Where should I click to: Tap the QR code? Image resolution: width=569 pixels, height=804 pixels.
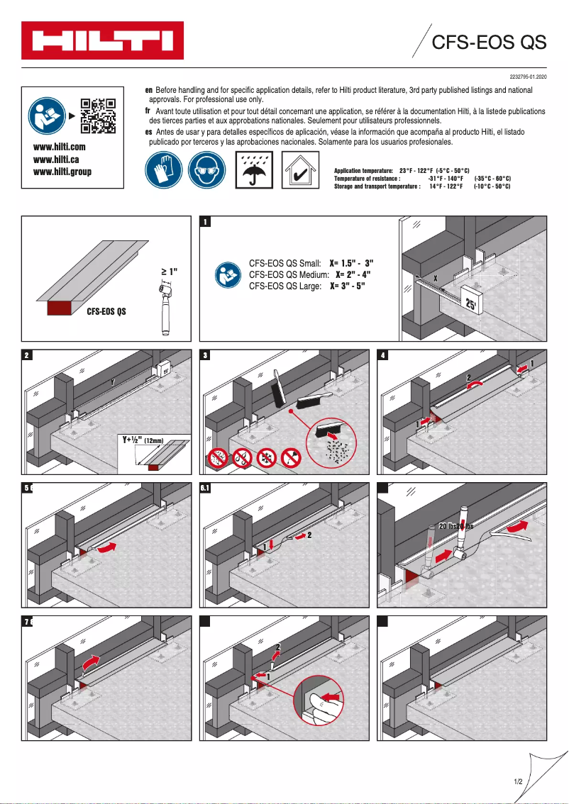coord(98,115)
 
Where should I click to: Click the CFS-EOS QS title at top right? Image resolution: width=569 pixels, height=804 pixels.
coord(490,43)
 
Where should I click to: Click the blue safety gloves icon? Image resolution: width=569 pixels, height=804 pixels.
coord(164,170)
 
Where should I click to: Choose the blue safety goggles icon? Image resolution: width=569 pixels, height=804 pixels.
coord(206,170)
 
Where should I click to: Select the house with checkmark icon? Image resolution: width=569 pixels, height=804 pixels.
coord(299,170)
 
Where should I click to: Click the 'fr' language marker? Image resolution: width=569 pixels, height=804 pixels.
coord(148,111)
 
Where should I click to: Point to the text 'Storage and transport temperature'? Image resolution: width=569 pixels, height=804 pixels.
coord(377,186)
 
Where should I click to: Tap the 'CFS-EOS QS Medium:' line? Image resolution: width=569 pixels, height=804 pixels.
coord(288,274)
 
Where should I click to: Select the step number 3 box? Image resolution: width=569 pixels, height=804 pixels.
coord(206,355)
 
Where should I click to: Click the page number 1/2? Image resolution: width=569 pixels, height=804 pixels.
coord(518,781)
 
